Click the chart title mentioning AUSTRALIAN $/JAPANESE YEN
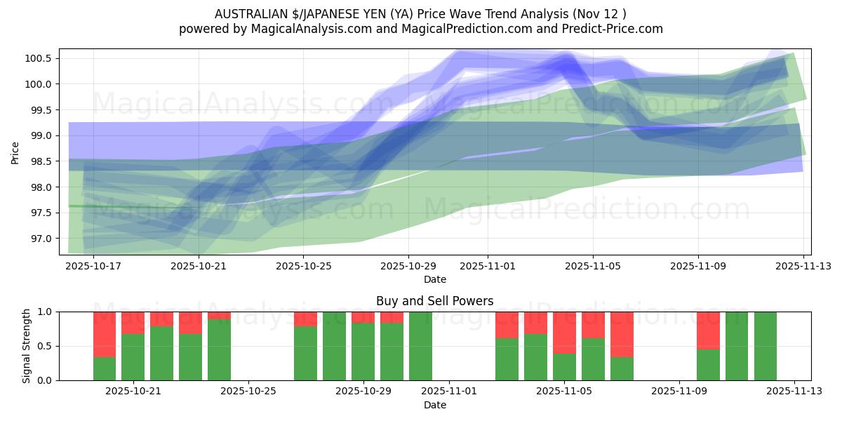point(420,14)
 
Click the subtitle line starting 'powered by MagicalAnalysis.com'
point(420,29)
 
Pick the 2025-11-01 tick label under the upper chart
point(488,266)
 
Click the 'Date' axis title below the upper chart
point(434,279)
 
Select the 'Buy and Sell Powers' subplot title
point(434,301)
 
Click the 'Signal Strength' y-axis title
point(27,346)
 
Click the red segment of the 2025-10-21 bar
point(133,323)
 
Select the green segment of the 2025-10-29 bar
point(363,351)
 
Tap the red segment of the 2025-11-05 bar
point(564,333)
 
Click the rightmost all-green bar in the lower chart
point(765,346)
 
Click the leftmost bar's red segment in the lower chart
point(105,334)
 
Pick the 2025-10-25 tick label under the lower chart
point(248,392)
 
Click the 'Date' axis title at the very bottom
point(434,405)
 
